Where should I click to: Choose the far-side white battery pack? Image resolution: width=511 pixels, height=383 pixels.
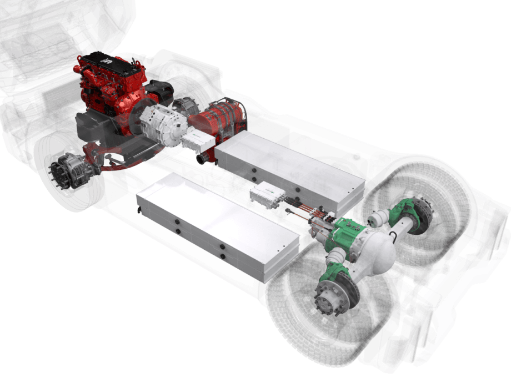tap(289, 167)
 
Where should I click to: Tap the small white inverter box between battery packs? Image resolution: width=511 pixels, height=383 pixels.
tap(268, 194)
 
